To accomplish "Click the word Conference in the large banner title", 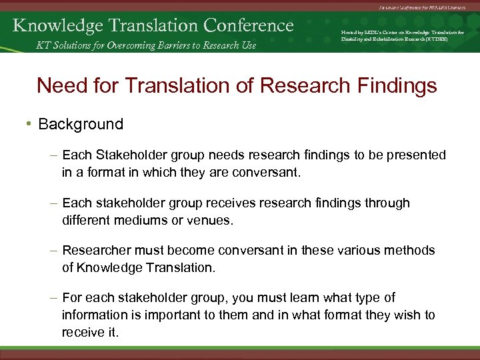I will point(249,25).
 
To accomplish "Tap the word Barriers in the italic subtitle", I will point(176,45).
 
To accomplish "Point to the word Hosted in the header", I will point(350,31).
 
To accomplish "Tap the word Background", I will point(81,124).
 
